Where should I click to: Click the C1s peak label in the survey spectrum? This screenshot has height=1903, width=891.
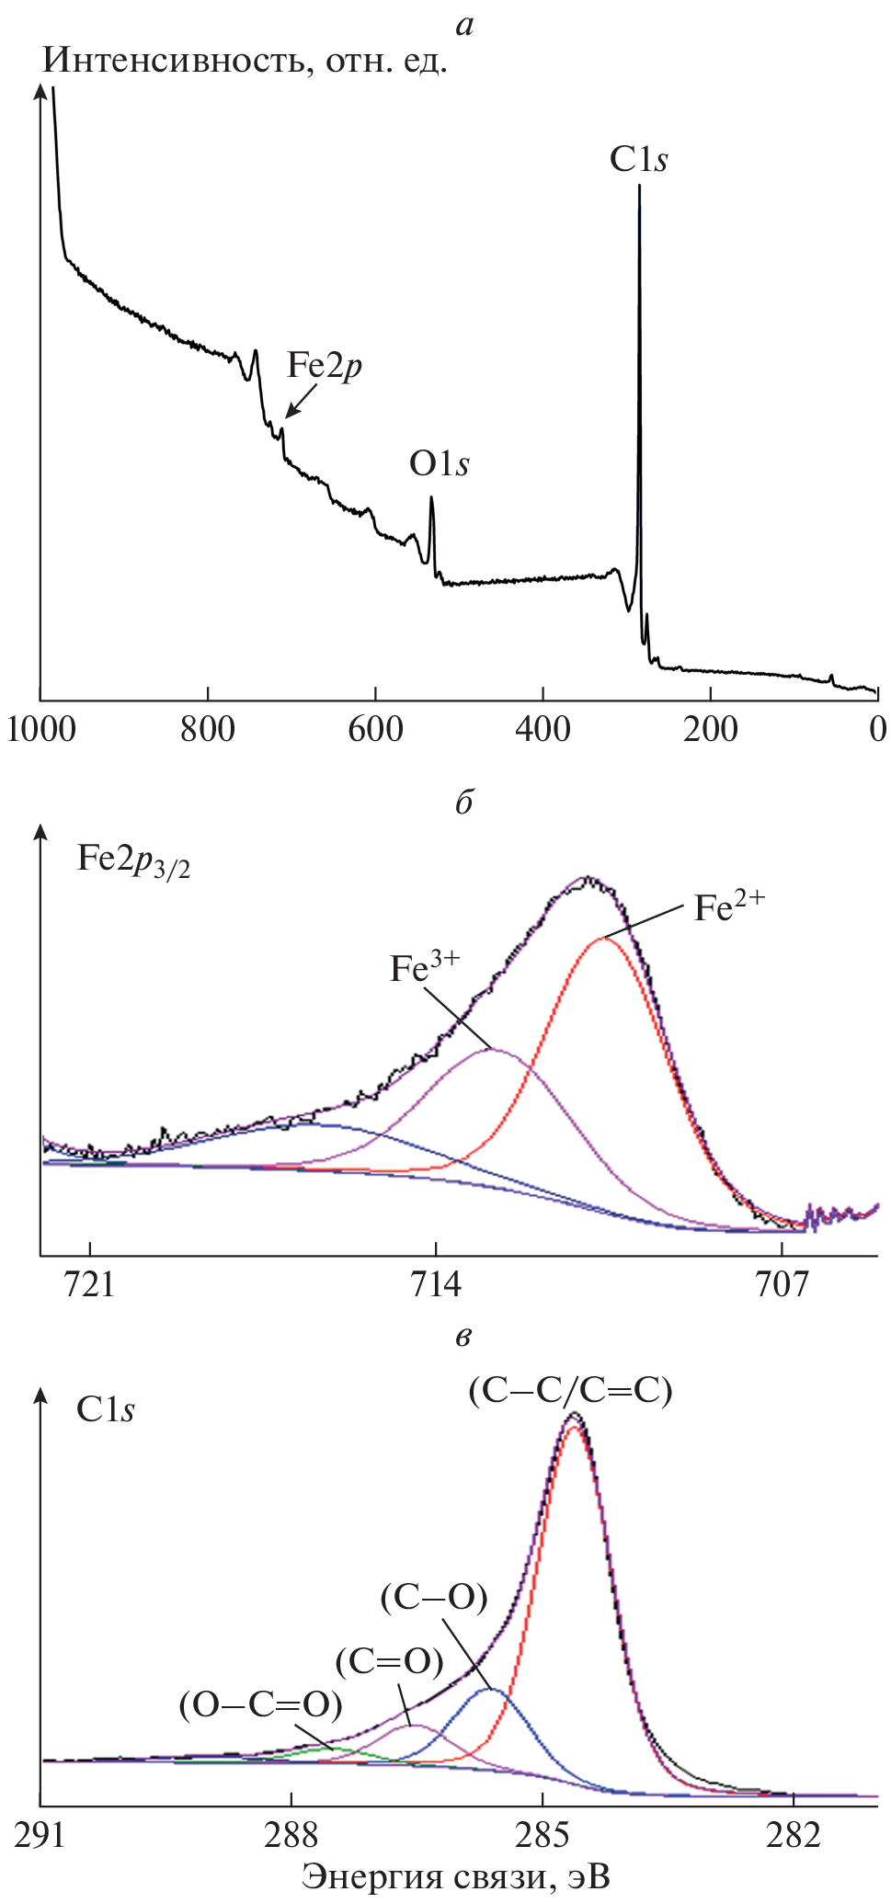[638, 160]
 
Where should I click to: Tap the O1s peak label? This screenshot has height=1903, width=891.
[439, 464]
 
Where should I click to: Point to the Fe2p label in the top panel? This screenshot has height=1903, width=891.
[324, 366]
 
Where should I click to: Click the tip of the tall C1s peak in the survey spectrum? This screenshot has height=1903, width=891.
[639, 188]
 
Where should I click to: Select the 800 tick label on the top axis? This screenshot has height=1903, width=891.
[208, 729]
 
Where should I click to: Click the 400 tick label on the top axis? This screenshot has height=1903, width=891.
[543, 729]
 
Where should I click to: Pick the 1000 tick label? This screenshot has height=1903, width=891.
[40, 729]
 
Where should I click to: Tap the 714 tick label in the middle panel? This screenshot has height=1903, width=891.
[436, 1282]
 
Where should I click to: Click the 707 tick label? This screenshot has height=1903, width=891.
[782, 1282]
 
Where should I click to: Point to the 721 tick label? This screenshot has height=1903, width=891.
[90, 1282]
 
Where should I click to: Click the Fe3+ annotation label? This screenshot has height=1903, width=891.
[424, 968]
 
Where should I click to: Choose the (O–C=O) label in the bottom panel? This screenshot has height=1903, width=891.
[261, 1705]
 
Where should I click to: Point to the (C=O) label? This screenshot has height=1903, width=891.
[389, 1661]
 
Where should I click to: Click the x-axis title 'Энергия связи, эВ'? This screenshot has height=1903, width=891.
[456, 1876]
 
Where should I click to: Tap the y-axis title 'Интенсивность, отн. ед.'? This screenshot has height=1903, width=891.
[246, 62]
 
